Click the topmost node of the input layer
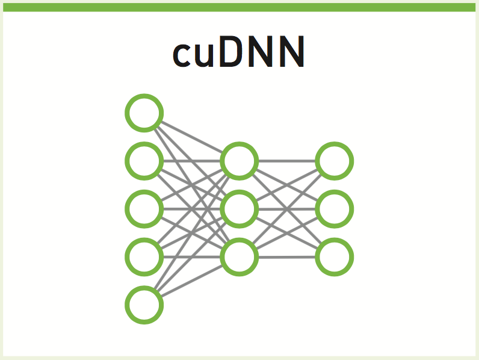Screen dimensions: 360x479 click(x=144, y=113)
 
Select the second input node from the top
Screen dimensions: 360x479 click(x=144, y=161)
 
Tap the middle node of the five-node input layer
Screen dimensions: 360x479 click(x=144, y=208)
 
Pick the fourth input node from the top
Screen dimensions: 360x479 click(x=144, y=256)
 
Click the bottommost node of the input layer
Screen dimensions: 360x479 click(x=144, y=305)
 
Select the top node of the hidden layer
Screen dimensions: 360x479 click(x=239, y=161)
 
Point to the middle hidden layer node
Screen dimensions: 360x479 click(x=239, y=209)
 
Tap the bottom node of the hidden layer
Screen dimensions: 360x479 click(x=239, y=257)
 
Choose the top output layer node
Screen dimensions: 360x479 click(x=335, y=161)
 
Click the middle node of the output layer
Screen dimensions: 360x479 click(x=335, y=209)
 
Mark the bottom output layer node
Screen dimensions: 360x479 click(x=335, y=257)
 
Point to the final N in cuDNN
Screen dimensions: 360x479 click(x=292, y=53)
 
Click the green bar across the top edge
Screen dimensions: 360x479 click(x=239, y=7)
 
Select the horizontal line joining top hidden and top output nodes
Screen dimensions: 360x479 click(x=287, y=161)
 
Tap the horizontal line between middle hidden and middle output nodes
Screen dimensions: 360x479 click(x=287, y=209)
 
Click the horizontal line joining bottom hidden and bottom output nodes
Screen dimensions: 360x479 click(x=287, y=257)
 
